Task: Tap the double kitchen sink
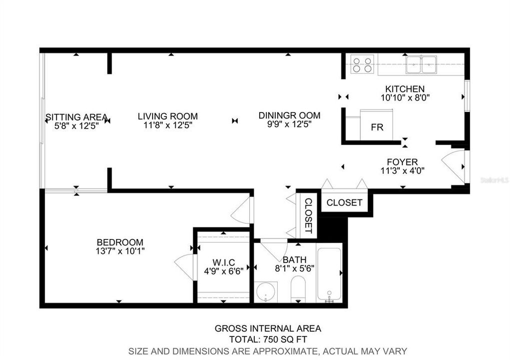(421, 64)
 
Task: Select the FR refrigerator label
(377, 127)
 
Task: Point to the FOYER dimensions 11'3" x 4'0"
(402, 170)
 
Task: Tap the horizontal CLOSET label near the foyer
(344, 202)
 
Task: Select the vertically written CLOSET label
(308, 216)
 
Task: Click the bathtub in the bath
(329, 273)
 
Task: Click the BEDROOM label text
(120, 242)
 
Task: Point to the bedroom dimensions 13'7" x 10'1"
(120, 250)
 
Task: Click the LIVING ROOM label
(168, 116)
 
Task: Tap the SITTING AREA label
(76, 117)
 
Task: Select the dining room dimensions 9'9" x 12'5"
(289, 124)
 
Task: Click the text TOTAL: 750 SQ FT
(268, 339)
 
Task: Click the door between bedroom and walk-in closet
(185, 267)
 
